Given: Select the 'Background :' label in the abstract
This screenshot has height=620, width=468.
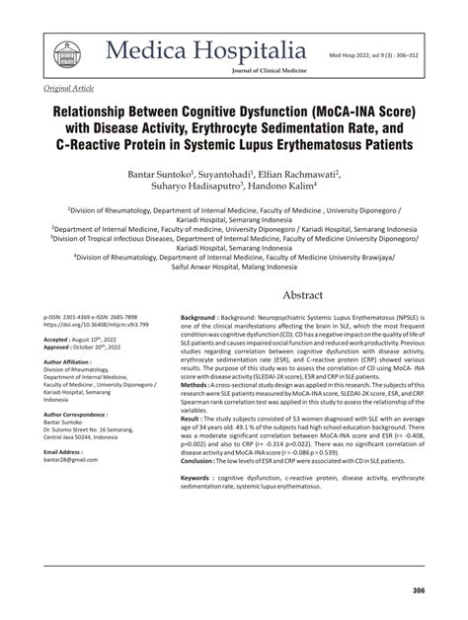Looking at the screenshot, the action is [204, 319].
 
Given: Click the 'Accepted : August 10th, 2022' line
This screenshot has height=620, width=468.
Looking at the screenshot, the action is [86, 340].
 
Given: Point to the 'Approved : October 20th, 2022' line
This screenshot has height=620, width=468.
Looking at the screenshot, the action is [89, 349].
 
